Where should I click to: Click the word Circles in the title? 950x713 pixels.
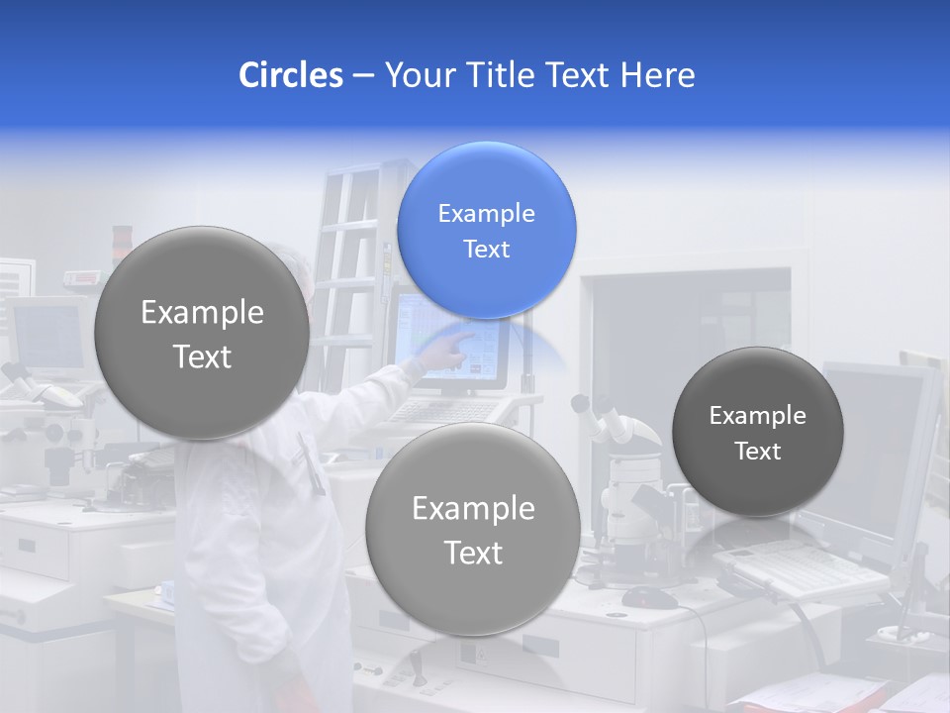pyautogui.click(x=290, y=75)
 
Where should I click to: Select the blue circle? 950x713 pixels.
pyautogui.click(x=486, y=230)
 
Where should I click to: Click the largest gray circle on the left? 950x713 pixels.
pyautogui.click(x=202, y=333)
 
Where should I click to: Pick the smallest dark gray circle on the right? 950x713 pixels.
pyautogui.click(x=757, y=432)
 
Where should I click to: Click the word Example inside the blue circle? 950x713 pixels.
pyautogui.click(x=486, y=213)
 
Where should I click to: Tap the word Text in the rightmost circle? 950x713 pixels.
pyautogui.click(x=758, y=452)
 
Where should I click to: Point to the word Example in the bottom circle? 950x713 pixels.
pyautogui.click(x=473, y=508)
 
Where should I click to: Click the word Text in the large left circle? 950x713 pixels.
pyautogui.click(x=202, y=356)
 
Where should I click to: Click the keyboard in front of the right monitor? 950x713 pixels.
pyautogui.click(x=792, y=569)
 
